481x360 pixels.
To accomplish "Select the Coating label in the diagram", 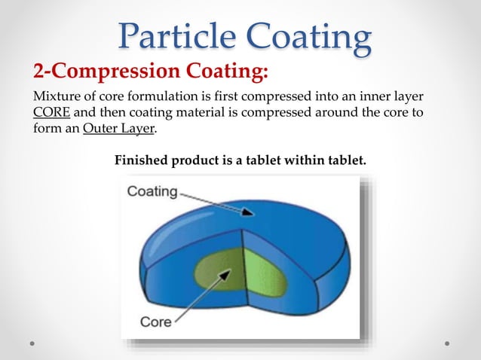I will [x=152, y=191].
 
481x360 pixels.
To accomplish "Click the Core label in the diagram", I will [x=156, y=322].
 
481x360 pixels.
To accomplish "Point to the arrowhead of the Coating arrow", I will [x=250, y=215].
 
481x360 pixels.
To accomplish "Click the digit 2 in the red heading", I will [x=37, y=72].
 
